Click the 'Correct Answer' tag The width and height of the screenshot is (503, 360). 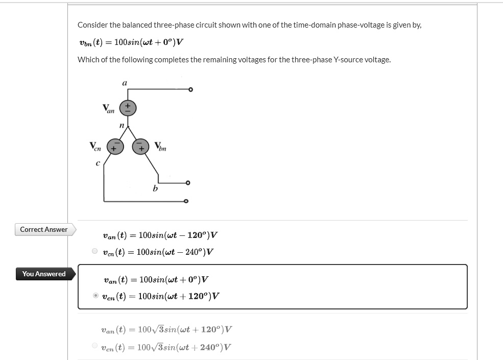[44, 230]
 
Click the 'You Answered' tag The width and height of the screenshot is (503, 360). [44, 274]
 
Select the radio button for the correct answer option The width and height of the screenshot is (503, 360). [94, 251]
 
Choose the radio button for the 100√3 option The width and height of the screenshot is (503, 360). [94, 346]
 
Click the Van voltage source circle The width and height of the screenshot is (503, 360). [128, 108]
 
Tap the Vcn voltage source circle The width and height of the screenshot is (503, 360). [114, 147]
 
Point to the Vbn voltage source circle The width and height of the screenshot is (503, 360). [140, 147]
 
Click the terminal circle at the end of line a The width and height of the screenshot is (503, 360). [190, 90]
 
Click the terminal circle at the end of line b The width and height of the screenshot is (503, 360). [188, 182]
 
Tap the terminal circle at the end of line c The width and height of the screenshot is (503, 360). [186, 201]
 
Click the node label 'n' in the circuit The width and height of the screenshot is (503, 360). [121, 125]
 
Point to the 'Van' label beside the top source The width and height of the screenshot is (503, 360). [108, 108]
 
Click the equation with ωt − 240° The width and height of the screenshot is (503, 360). [158, 252]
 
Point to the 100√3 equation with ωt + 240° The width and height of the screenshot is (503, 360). [166, 347]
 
